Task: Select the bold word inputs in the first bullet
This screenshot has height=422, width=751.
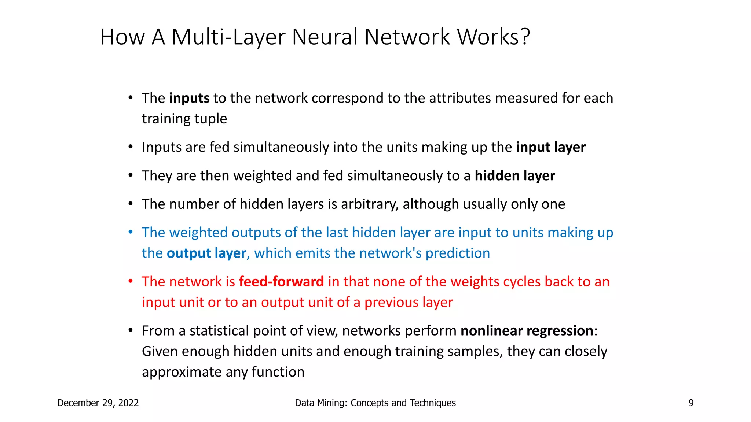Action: click(189, 98)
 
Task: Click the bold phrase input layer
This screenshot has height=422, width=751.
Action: click(551, 147)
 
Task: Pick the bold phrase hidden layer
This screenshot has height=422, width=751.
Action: click(515, 176)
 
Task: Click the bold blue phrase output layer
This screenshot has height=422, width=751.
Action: click(206, 253)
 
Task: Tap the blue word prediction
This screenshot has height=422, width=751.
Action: click(458, 253)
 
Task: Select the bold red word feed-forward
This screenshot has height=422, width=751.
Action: click(281, 282)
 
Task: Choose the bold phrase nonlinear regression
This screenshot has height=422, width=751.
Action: click(527, 331)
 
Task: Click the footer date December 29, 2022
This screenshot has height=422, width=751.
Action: click(98, 403)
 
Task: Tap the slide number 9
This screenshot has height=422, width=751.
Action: click(691, 403)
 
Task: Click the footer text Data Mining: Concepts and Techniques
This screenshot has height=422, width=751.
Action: click(375, 403)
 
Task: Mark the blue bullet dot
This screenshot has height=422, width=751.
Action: click(130, 232)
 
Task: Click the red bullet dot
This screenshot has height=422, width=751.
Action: click(130, 281)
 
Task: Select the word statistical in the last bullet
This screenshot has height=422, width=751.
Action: click(219, 331)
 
